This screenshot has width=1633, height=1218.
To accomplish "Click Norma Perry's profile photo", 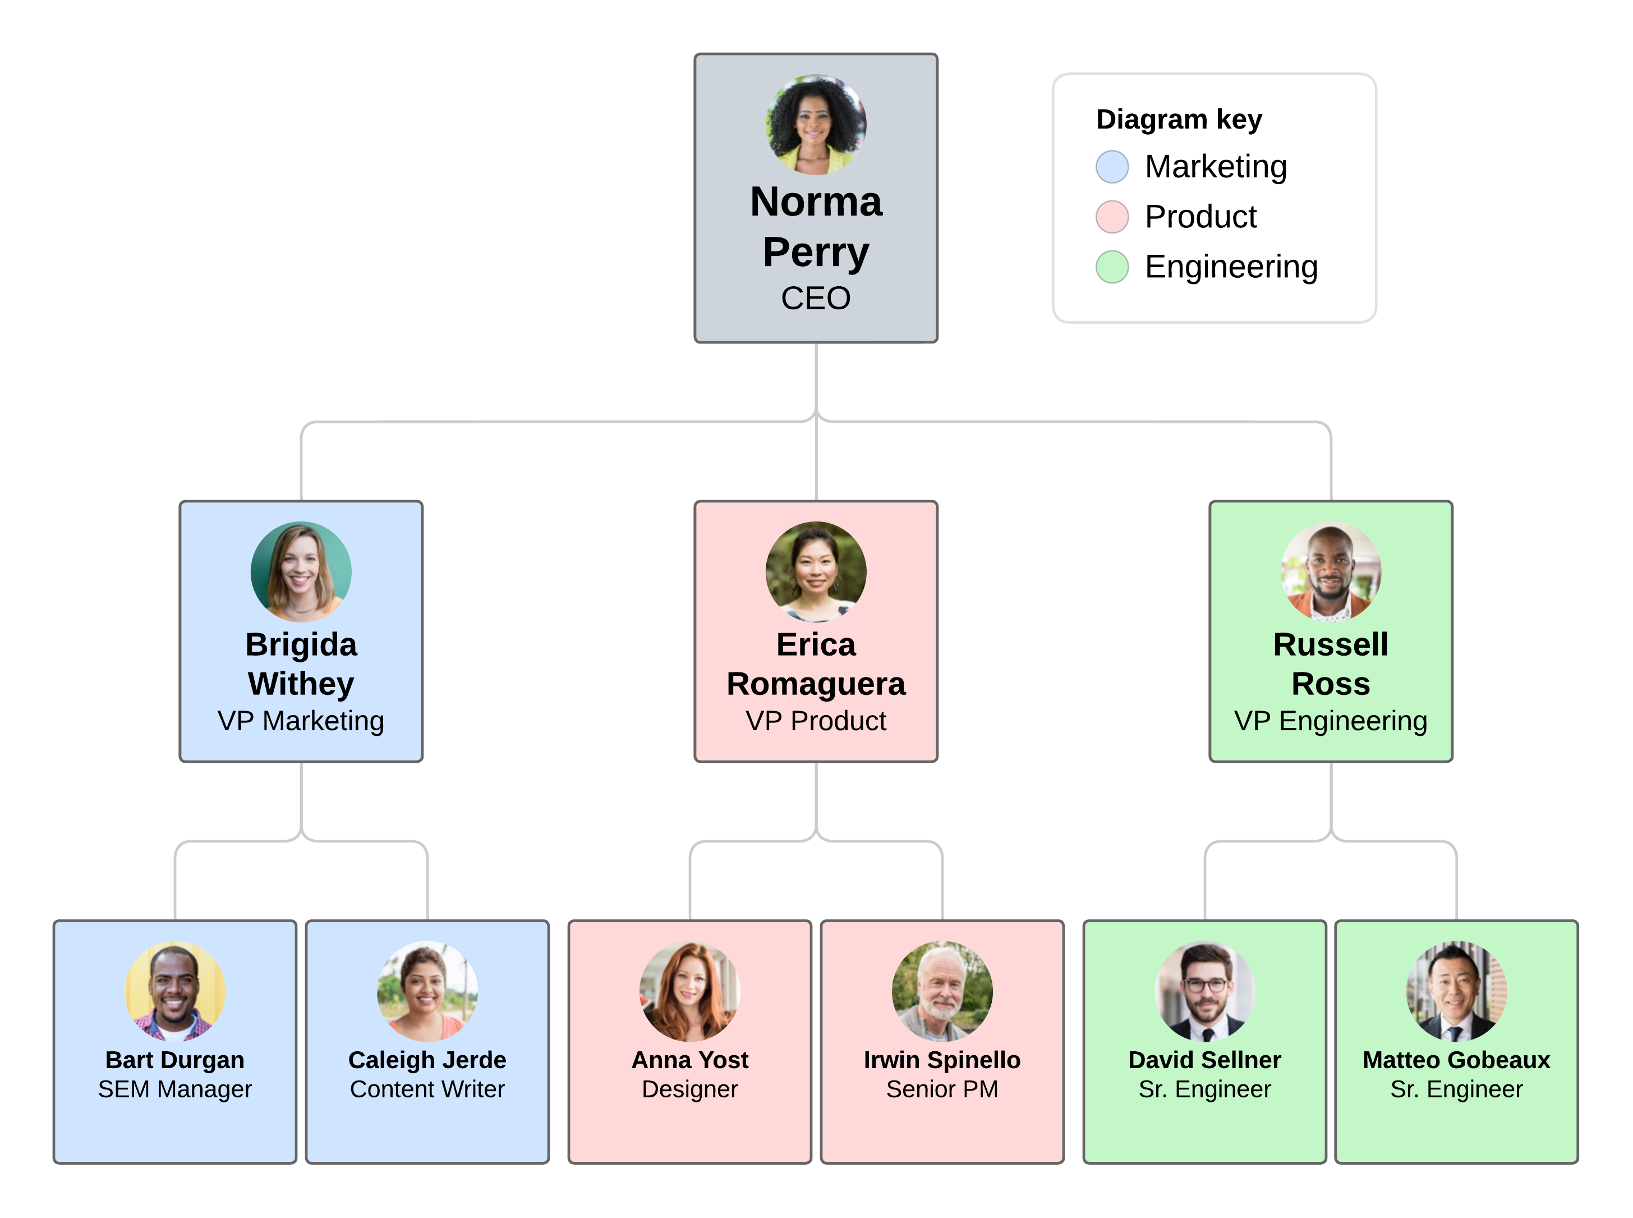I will pos(816,125).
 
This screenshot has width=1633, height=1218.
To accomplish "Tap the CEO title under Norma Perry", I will pos(816,299).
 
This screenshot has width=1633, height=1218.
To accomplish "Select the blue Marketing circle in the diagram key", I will pos(1111,167).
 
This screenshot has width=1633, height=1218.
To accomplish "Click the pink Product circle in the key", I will pos(1111,217).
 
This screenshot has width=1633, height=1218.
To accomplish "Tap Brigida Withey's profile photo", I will pos(301,571).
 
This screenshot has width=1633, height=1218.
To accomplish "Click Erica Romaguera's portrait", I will pos(816,571).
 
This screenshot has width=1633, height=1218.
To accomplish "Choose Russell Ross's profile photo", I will pos(1330,571).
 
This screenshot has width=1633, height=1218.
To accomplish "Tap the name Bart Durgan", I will pos(174,1060).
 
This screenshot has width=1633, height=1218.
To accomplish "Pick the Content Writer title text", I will pos(427,1089).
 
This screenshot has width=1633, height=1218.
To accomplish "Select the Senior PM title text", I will pos(942,1089).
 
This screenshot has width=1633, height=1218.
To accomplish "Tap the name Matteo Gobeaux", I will pos(1456,1060).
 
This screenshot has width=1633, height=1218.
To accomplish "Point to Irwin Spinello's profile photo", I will pos(942,990).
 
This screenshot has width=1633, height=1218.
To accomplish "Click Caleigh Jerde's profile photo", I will pos(427,990).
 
